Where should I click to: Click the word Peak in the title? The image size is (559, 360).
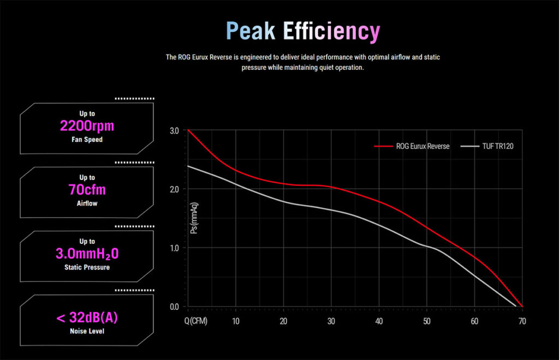coord(251,31)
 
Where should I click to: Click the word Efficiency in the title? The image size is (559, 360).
coord(331,32)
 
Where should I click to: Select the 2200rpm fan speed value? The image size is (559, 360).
coord(87,125)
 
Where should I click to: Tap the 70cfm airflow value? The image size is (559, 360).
coord(87,189)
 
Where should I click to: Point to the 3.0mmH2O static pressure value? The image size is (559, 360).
coord(87,254)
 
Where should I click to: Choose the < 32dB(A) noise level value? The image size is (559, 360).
coord(87,317)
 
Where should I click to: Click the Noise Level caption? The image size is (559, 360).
coord(87,331)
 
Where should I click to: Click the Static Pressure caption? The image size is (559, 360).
coord(87,267)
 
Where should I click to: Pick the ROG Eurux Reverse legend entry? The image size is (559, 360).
coord(412,146)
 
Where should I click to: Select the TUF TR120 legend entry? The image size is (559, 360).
coord(487,146)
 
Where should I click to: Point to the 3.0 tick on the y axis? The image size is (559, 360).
coord(174,131)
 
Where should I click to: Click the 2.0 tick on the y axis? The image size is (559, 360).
coord(174,189)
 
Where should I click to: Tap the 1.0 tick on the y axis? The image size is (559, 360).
coord(174,248)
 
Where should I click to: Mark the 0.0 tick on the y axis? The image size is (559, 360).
coord(174,307)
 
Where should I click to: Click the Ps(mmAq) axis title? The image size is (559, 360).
coord(194,218)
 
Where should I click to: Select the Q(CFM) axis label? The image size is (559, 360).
coord(196,321)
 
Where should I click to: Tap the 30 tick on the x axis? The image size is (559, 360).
coord(331,321)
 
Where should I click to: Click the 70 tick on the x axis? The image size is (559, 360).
coord(522,321)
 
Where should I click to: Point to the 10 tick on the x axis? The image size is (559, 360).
coord(236,321)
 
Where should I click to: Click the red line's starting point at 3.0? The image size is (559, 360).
coord(188,130)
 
